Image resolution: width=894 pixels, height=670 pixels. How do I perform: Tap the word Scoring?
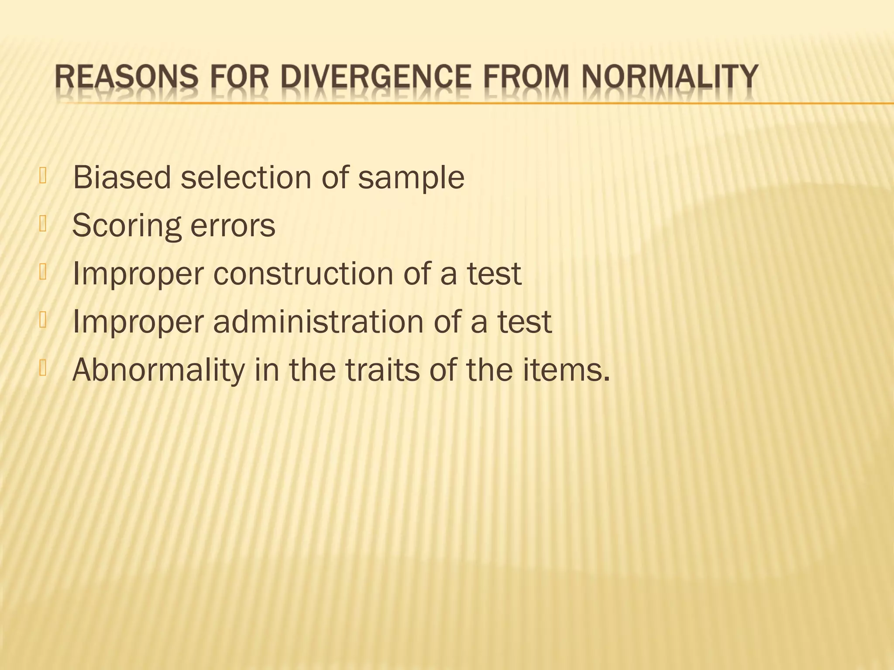point(126,226)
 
